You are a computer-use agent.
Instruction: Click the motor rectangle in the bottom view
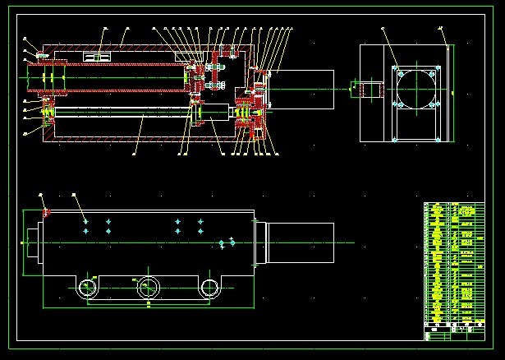pyautogui.click(x=301, y=242)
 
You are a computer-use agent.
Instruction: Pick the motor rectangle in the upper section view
pyautogui.click(x=301, y=86)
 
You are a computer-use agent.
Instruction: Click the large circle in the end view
pyautogui.click(x=417, y=87)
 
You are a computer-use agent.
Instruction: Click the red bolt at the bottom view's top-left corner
pyautogui.click(x=46, y=212)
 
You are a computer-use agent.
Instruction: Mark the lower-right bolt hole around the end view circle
pyautogui.click(x=437, y=105)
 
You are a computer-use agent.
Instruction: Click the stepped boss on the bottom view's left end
pyautogui.click(x=32, y=243)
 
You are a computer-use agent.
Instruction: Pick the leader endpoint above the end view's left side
pyautogui.click(x=383, y=29)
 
